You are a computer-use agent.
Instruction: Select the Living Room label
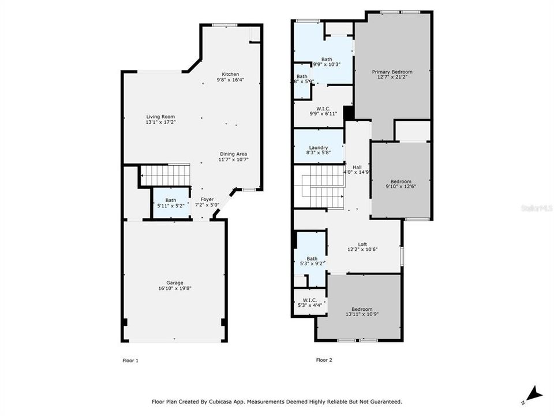click(x=160, y=119)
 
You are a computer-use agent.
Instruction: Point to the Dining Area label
click(x=234, y=157)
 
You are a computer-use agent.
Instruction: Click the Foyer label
click(x=207, y=202)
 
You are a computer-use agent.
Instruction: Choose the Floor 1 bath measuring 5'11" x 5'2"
click(x=170, y=202)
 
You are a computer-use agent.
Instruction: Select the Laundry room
click(x=318, y=150)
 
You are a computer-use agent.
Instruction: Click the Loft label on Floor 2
click(x=362, y=247)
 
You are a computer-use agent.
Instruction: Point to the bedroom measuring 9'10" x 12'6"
click(x=400, y=183)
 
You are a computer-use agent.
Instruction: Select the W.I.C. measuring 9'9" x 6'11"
click(x=323, y=110)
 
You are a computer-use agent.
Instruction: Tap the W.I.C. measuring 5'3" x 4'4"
click(x=310, y=302)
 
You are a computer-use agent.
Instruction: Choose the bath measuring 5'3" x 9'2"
click(x=312, y=261)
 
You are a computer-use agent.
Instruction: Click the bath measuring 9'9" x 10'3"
click(x=327, y=61)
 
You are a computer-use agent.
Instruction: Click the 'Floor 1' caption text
click(x=130, y=361)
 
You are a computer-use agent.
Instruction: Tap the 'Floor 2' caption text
click(x=324, y=360)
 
